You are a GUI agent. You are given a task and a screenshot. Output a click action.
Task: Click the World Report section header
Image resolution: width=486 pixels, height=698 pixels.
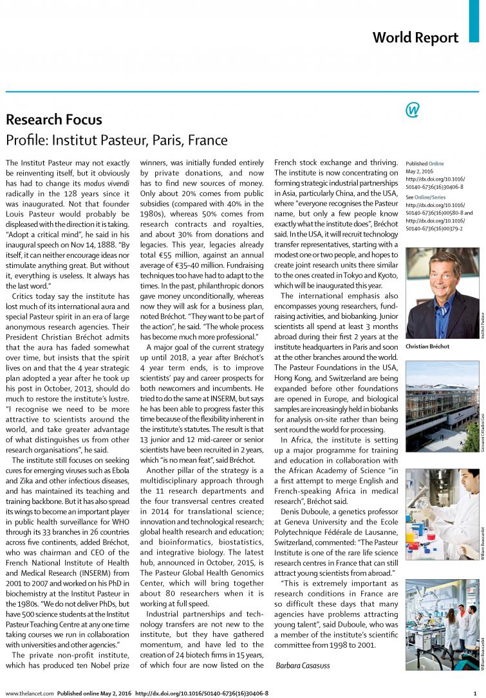click(x=415, y=37)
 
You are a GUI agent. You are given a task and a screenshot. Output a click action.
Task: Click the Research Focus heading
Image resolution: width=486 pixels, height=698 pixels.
click(x=54, y=119)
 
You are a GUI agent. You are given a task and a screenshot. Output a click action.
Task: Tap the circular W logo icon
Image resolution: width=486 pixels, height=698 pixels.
click(x=413, y=111)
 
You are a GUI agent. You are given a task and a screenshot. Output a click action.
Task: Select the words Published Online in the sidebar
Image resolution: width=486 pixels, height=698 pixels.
click(x=425, y=164)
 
